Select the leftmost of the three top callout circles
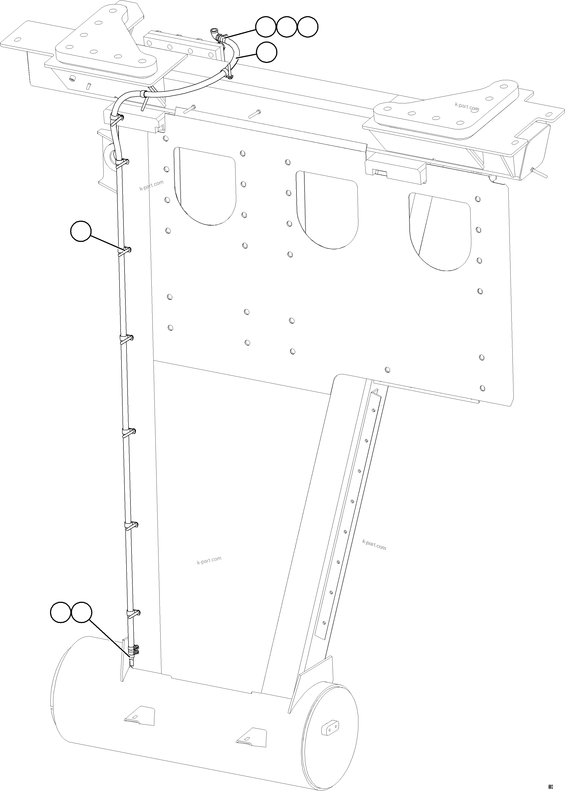(266, 27)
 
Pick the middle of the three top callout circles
(287, 27)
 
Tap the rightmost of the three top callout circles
(308, 27)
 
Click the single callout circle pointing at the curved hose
(267, 52)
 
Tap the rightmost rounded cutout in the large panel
(440, 231)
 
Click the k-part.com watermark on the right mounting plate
(467, 106)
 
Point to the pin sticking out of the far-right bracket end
(539, 173)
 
